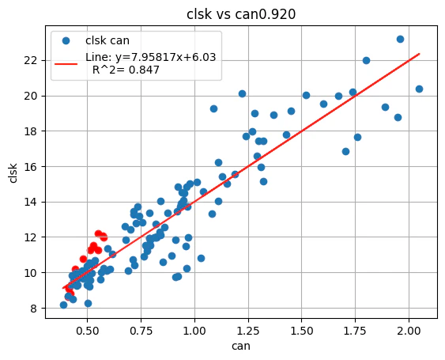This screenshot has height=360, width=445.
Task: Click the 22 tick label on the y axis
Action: (x=30, y=60)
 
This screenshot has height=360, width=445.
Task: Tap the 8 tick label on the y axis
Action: (x=33, y=309)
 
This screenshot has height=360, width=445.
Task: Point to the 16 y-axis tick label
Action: (x=30, y=167)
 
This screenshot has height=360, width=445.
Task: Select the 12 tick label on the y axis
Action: (x=30, y=237)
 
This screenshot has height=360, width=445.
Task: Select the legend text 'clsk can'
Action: (x=107, y=41)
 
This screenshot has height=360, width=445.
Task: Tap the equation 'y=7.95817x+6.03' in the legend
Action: (x=150, y=57)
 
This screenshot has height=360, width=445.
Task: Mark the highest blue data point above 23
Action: (x=400, y=39)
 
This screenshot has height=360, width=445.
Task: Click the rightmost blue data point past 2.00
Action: (x=419, y=89)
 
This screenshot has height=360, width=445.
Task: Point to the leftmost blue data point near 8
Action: (x=63, y=305)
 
